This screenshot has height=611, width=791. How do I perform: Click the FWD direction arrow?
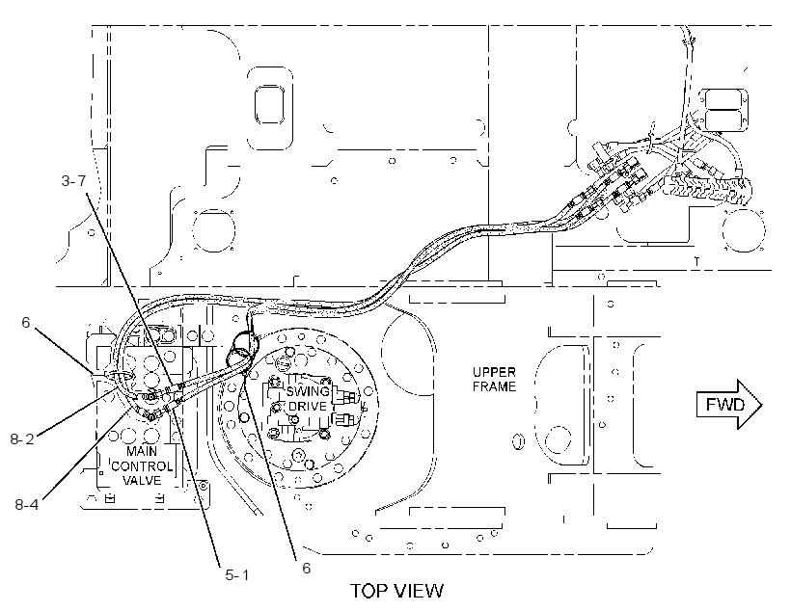729,405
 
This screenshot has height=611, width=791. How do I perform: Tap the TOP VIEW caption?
397,591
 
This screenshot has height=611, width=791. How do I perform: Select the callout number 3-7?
73,180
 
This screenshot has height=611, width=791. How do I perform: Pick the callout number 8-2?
22,439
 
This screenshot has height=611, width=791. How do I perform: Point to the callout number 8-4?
26,504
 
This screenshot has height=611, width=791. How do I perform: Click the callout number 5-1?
237,574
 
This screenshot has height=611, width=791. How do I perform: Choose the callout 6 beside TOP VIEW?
306,569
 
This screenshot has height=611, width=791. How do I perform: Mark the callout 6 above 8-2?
26,322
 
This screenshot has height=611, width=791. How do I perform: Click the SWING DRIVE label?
308,398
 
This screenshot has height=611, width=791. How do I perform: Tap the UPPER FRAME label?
494,379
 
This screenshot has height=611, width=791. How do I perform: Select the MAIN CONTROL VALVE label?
142,465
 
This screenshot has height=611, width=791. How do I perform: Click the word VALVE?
142,480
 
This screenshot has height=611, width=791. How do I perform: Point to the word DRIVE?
308,406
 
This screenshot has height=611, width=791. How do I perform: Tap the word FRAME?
494,386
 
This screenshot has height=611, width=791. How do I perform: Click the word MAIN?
142,451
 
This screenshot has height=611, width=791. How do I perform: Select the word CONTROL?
142,465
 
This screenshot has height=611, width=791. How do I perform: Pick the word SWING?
308,391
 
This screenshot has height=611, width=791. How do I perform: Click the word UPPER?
494,372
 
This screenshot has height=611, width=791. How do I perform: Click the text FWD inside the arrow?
724,405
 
